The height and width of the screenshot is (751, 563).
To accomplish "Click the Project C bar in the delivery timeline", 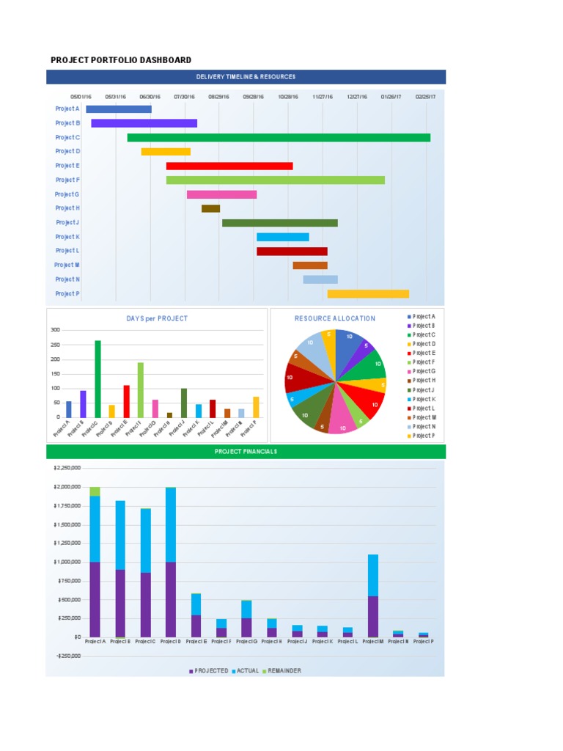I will (279, 137).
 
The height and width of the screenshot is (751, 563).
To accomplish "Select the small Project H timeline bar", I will (210, 208).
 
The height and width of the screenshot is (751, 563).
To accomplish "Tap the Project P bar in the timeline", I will (368, 293).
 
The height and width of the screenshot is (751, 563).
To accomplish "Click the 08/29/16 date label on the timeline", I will (218, 96).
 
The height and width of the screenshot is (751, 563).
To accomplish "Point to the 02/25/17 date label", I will (425, 96).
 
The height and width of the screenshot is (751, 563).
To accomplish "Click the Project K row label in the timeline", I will (67, 237).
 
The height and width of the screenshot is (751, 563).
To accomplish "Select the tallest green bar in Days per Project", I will (97, 378).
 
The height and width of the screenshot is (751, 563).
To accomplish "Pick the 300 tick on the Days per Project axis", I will (56, 330).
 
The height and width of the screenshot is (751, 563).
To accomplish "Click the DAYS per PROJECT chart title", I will (157, 318).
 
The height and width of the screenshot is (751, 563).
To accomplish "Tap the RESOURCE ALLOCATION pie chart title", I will (335, 318).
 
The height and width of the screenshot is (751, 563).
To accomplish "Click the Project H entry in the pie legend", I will (423, 381).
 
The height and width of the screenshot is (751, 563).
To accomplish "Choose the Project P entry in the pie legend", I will (423, 436).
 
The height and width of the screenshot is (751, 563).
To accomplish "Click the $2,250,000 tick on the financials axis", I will (68, 467).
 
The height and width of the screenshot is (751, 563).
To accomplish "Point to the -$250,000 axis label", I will (68, 656).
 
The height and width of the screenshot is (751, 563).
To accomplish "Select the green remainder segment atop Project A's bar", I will (95, 491).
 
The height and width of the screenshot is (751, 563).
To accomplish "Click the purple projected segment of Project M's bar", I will (372, 616).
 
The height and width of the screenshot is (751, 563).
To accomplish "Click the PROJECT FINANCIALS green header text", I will (246, 452).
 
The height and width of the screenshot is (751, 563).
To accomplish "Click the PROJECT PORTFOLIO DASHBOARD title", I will (121, 60).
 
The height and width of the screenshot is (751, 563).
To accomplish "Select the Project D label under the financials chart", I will (170, 641).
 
